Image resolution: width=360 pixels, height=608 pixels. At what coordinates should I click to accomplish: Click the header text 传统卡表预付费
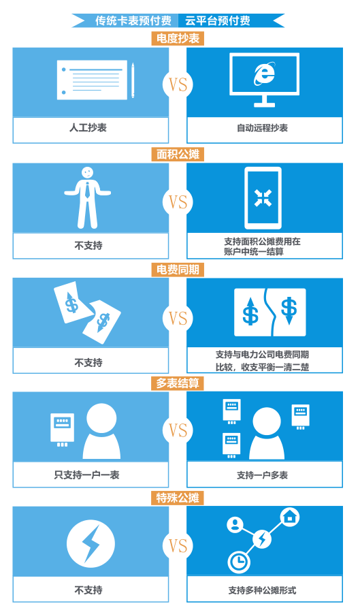(x=133, y=20)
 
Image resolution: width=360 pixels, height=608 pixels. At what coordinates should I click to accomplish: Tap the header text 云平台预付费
(x=218, y=20)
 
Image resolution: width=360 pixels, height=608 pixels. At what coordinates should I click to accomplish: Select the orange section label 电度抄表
(x=178, y=38)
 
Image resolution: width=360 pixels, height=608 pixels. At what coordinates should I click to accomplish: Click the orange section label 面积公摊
(x=178, y=155)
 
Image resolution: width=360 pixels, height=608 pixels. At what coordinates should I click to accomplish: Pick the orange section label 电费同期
(x=178, y=270)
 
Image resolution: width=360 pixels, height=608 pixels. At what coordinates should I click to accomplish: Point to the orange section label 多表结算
(x=178, y=383)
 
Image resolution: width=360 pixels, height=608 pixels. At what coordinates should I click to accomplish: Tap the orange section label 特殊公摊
(x=178, y=498)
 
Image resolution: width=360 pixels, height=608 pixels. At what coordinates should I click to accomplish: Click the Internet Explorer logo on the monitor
(x=265, y=74)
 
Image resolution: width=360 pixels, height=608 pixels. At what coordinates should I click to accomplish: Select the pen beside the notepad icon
(x=133, y=80)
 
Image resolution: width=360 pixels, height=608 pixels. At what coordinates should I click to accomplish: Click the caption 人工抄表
(x=88, y=127)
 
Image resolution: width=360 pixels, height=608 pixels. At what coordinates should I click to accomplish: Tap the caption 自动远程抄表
(x=263, y=128)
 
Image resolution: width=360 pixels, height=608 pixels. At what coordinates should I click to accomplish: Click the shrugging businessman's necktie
(x=88, y=189)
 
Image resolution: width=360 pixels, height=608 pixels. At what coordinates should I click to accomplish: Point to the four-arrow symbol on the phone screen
(x=263, y=197)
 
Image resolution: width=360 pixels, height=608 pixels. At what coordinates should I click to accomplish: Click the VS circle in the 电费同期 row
(x=178, y=319)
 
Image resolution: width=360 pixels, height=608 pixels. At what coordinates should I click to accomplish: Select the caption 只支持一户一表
(x=87, y=475)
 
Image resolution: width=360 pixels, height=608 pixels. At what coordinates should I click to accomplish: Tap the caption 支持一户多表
(x=263, y=475)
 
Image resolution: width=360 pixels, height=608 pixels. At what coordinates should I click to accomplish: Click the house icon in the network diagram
(x=291, y=517)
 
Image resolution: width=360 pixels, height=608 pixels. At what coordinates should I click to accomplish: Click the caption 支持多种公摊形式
(x=263, y=590)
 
